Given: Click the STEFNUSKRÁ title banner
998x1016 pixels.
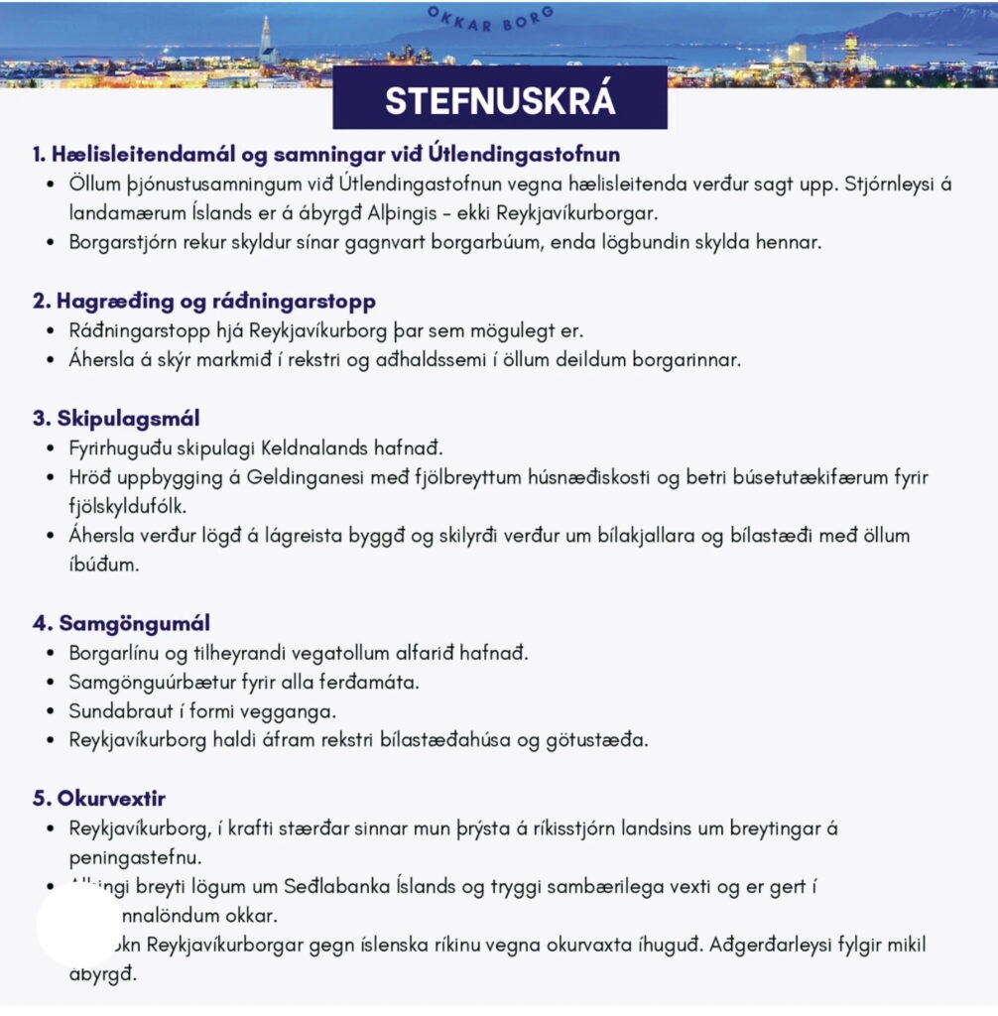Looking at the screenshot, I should tap(499, 101).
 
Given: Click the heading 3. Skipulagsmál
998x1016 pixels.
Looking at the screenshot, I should tap(115, 418).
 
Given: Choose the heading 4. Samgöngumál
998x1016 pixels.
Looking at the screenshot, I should tap(120, 624).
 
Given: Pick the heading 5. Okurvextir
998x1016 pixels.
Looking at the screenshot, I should tap(98, 799).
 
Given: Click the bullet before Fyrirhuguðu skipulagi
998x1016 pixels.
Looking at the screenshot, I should tap(52, 448).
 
